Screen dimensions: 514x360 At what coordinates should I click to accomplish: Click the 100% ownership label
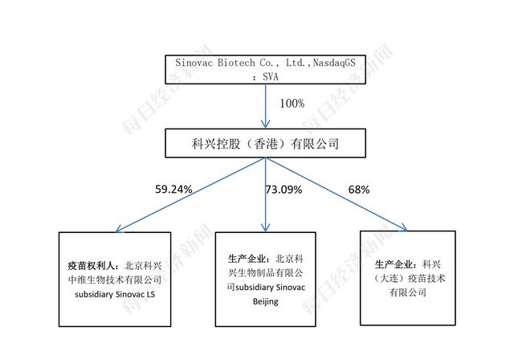tap(292, 104)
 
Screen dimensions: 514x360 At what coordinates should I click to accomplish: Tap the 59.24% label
tap(173, 189)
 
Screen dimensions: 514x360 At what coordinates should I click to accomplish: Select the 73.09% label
tap(284, 190)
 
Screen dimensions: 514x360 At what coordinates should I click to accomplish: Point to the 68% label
tap(359, 190)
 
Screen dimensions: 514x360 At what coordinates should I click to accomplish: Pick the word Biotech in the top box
tap(236, 63)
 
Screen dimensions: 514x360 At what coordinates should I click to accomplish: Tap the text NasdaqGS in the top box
tap(334, 63)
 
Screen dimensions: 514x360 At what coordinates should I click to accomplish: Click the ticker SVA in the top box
tap(271, 76)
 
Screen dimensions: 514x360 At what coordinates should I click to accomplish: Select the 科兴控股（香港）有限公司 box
tap(265, 143)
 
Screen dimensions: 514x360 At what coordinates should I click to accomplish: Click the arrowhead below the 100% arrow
tap(266, 124)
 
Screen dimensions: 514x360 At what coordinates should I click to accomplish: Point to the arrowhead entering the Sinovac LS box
tap(120, 228)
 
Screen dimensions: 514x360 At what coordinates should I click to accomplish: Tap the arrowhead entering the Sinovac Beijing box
tap(266, 227)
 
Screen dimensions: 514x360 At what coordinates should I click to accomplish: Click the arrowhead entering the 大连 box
tap(403, 227)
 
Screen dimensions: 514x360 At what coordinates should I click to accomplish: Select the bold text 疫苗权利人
tap(91, 265)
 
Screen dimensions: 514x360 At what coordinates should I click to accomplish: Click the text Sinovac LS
tap(135, 294)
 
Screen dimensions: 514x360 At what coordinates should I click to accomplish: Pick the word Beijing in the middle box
tap(266, 301)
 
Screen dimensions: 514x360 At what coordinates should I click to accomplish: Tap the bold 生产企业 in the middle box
tap(247, 259)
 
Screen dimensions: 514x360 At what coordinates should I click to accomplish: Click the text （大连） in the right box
tap(389, 278)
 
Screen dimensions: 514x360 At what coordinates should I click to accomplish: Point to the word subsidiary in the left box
tap(94, 294)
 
